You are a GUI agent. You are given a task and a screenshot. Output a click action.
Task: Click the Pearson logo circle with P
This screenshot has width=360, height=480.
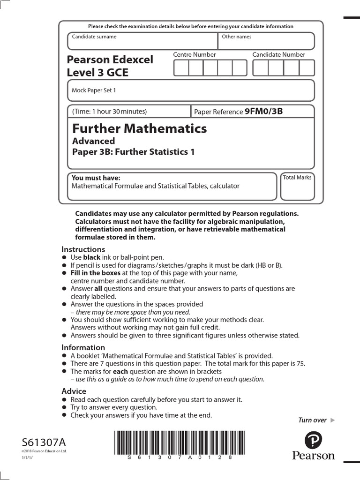[314, 441]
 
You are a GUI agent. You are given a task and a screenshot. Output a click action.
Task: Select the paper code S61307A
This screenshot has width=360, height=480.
[44, 442]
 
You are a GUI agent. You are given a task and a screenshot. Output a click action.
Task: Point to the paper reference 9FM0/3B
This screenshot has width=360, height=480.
[264, 112]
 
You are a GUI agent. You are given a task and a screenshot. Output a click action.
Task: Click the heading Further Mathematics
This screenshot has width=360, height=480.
[139, 128]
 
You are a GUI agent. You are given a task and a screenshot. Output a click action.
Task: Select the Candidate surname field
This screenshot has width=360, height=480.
[142, 41]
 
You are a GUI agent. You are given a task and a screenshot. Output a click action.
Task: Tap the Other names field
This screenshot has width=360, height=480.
[266, 41]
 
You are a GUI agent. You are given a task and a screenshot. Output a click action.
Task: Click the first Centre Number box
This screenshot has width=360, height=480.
[181, 68]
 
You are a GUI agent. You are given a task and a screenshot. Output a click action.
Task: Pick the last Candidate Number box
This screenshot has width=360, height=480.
[307, 68]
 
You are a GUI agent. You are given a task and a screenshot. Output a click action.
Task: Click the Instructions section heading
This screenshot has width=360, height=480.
[83, 249]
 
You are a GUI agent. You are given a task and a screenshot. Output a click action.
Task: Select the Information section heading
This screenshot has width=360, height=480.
[83, 347]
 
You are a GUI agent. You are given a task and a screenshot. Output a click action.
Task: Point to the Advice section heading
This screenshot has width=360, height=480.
[74, 391]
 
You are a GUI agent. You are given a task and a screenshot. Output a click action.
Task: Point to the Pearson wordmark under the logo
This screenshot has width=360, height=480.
[314, 456]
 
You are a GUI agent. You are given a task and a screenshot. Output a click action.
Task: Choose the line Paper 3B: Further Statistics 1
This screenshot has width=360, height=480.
[133, 151]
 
